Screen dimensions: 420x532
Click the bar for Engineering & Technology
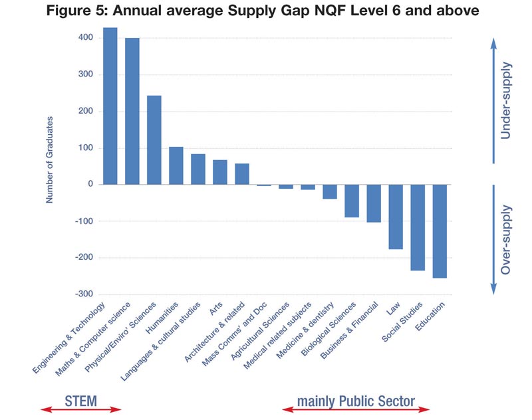110,106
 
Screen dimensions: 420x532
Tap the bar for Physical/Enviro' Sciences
154,140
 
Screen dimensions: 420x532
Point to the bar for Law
396,217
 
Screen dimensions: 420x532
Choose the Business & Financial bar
374,203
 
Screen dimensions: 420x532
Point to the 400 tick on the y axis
85,38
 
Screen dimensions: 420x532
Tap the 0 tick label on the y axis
90,184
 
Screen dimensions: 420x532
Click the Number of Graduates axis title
50,159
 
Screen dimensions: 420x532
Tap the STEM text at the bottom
81,401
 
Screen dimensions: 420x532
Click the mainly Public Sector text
356,401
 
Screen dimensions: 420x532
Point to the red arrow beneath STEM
81,410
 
